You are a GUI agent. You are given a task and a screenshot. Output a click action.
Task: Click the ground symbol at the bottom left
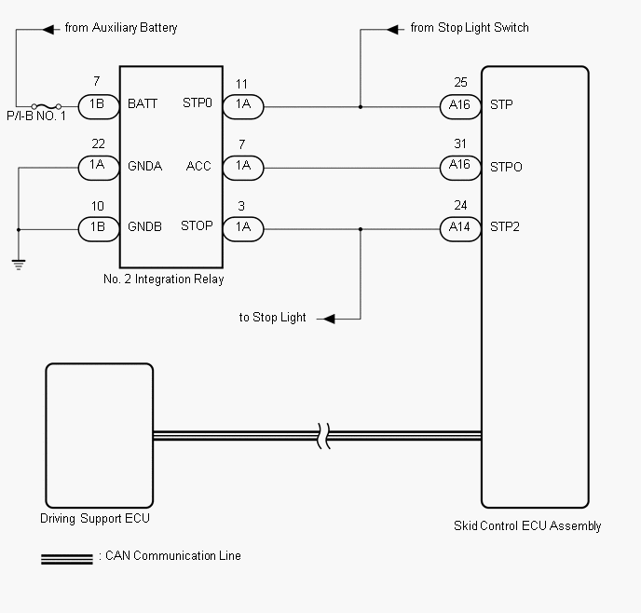click(x=19, y=265)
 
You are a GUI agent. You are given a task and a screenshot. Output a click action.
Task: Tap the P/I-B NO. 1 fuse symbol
click(x=47, y=106)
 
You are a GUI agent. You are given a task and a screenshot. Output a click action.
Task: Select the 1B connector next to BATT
click(x=99, y=106)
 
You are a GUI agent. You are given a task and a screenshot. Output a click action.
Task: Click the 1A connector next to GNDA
click(x=99, y=168)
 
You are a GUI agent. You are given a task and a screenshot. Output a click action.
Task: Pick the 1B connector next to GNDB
click(x=99, y=229)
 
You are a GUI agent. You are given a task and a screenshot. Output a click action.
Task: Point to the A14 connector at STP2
click(x=460, y=229)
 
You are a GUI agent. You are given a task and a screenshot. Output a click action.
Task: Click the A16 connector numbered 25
click(x=460, y=107)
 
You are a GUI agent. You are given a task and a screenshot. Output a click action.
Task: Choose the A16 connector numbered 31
click(x=460, y=168)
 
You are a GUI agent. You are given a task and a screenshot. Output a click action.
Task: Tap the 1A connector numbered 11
click(x=243, y=107)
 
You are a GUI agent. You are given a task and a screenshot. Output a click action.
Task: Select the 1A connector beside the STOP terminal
click(x=243, y=229)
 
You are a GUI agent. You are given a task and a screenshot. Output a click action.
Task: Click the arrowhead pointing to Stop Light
click(x=329, y=319)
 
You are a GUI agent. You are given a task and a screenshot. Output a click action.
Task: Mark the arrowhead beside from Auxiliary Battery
click(x=48, y=30)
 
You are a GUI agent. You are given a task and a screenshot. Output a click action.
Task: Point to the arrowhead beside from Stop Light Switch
click(x=392, y=30)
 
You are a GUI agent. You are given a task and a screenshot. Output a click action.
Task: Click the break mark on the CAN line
click(x=324, y=436)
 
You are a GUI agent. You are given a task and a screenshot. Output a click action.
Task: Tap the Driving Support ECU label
click(x=95, y=519)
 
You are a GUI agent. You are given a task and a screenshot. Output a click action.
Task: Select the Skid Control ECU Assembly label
click(x=527, y=526)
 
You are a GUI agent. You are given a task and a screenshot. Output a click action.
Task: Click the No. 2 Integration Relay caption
click(x=164, y=279)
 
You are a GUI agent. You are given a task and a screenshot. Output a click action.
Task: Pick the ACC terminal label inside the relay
click(x=198, y=167)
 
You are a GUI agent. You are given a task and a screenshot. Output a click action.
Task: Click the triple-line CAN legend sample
click(x=67, y=559)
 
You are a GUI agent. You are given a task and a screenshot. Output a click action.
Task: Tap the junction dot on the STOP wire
click(x=361, y=229)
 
